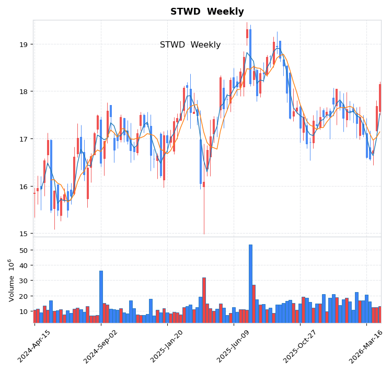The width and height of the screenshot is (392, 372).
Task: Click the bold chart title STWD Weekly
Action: pos(207,11)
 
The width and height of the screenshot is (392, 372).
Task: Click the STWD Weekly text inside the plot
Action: pos(190,45)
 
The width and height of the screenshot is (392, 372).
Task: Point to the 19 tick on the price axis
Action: pos(24,44)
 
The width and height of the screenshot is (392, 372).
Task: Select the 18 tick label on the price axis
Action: pos(24,91)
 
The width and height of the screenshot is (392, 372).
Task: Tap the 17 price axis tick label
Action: pos(24,139)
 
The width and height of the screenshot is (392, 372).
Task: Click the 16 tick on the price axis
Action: pos(24,187)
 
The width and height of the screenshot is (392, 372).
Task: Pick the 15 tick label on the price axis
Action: pos(24,234)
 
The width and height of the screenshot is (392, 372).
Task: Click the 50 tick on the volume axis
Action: pos(23,250)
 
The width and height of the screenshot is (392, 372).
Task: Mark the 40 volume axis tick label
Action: pos(23,265)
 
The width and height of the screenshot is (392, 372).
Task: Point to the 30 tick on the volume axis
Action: pos(23,281)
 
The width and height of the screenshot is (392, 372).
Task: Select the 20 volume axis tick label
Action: pos(23,296)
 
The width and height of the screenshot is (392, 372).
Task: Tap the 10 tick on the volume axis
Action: pos(23,311)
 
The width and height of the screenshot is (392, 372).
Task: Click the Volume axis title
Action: pos(10,280)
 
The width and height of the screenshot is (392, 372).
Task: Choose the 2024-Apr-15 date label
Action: pos(35,346)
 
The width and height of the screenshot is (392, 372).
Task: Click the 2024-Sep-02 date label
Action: pos(101,346)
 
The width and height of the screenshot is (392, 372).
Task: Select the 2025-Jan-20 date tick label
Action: pos(168,346)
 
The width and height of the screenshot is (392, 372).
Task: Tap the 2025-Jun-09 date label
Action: pos(234,346)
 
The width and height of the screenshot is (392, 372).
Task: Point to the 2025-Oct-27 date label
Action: pos(301,346)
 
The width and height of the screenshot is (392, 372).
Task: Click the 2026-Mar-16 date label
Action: pos(367,346)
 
